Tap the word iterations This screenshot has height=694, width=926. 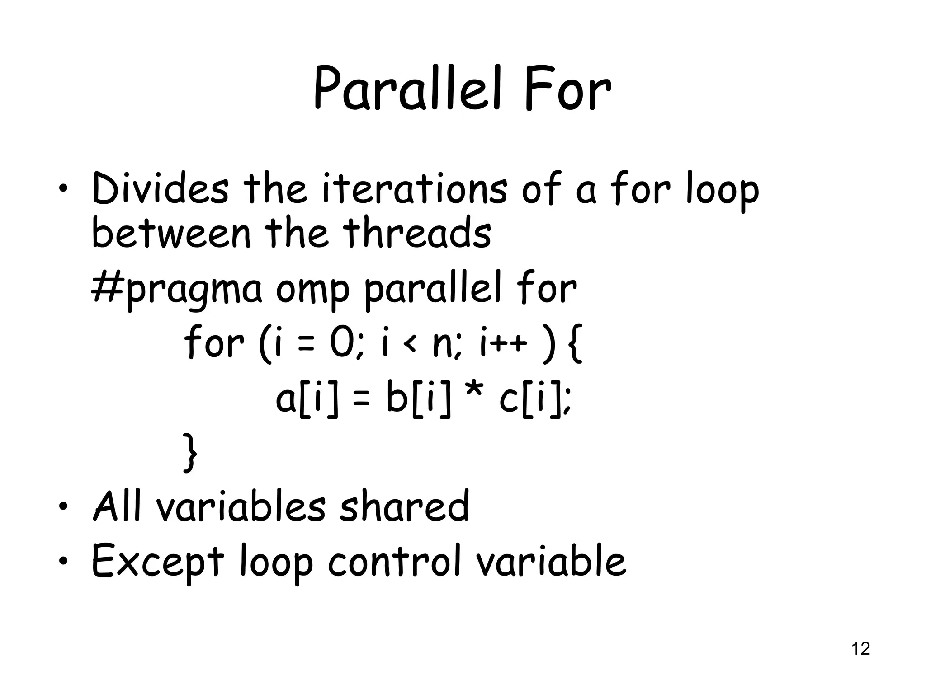[415, 189]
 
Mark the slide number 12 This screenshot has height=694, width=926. [860, 649]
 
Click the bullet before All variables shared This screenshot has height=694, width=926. [64, 506]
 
